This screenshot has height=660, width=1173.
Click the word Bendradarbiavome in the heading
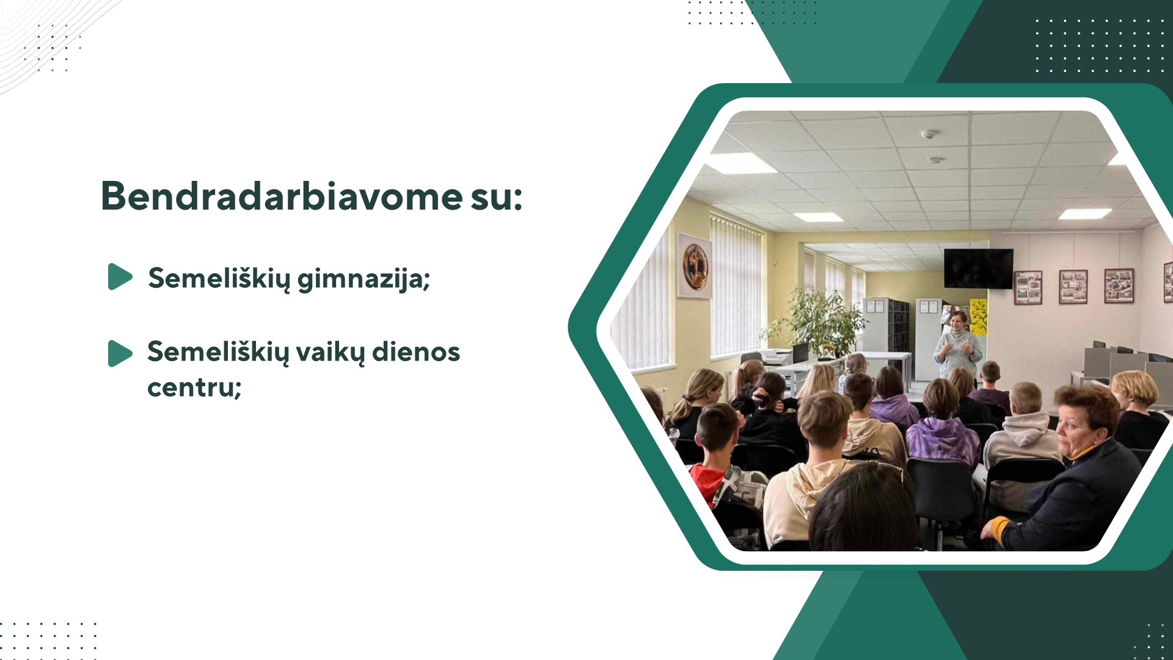(282, 196)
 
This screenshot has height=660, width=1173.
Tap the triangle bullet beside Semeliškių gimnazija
(120, 277)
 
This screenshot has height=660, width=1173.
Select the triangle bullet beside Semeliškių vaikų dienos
(120, 353)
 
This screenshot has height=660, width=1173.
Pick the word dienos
(416, 352)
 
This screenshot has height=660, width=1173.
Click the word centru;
(194, 387)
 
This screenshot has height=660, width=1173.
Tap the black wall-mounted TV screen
(978, 268)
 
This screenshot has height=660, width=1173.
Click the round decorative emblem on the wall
(695, 266)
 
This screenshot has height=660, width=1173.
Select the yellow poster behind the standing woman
(978, 317)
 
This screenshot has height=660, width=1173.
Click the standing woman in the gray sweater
(957, 345)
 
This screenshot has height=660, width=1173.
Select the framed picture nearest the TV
(1028, 287)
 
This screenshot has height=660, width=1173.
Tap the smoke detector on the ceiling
(929, 134)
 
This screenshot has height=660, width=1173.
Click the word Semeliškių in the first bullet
(219, 279)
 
